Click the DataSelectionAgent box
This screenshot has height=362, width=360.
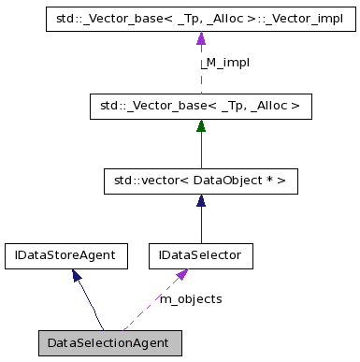[108, 342]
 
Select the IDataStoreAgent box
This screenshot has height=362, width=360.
[65, 253]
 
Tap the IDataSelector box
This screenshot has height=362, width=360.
[199, 253]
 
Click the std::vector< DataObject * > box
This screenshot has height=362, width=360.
[199, 181]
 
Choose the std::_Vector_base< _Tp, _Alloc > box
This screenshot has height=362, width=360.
[199, 108]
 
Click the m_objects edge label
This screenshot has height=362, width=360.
[191, 298]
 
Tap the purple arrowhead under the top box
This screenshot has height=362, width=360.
[199, 37]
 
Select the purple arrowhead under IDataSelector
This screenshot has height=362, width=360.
[183, 274]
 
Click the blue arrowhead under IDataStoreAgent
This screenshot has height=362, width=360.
[77, 274]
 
